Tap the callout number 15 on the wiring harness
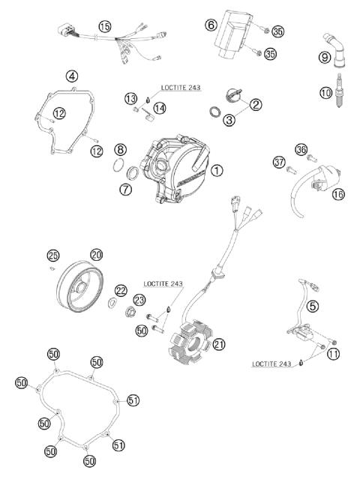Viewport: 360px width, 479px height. pyautogui.click(x=104, y=26)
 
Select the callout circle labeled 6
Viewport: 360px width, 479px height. pyautogui.click(x=211, y=25)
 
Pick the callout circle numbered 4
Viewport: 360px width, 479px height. pyautogui.click(x=71, y=76)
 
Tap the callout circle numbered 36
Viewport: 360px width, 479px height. pyautogui.click(x=301, y=149)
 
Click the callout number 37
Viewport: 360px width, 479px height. pyautogui.click(x=279, y=163)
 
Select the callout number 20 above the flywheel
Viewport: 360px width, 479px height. pyautogui.click(x=96, y=255)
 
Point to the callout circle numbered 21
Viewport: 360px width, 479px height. pyautogui.click(x=218, y=344)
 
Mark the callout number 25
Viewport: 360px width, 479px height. pyautogui.click(x=52, y=255)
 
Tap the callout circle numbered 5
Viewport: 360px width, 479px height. pyautogui.click(x=312, y=305)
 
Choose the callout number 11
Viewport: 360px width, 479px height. pyautogui.click(x=332, y=354)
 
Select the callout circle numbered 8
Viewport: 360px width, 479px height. pyautogui.click(x=120, y=149)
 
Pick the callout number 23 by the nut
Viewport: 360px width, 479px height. pyautogui.click(x=139, y=299)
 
